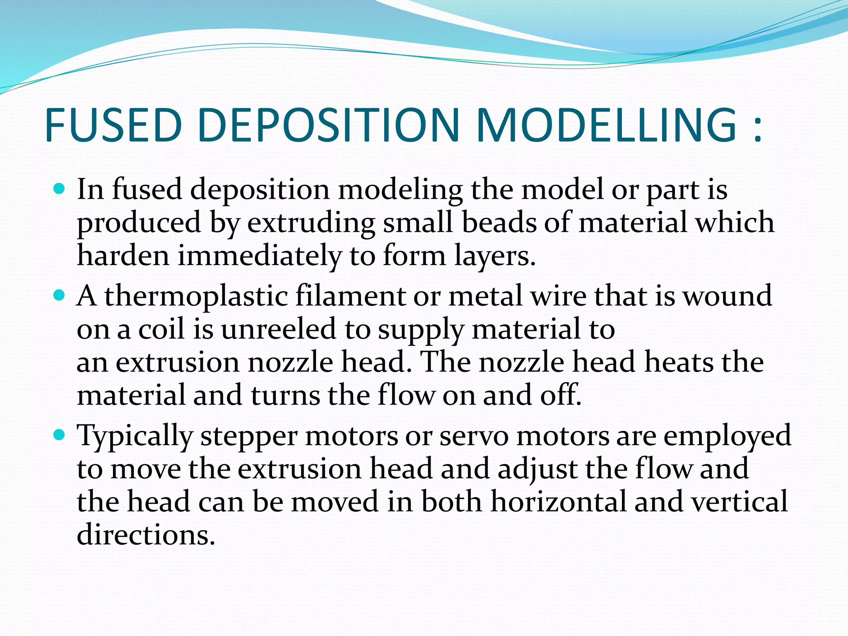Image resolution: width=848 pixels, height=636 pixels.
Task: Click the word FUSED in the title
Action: (x=113, y=125)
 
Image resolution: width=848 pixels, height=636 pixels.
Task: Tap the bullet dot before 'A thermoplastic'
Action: (x=60, y=296)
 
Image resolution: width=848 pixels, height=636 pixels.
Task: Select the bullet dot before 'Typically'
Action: (x=60, y=435)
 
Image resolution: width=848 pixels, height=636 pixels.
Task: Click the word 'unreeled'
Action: (x=278, y=329)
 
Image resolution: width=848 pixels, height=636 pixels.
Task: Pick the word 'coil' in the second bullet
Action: (x=161, y=329)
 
